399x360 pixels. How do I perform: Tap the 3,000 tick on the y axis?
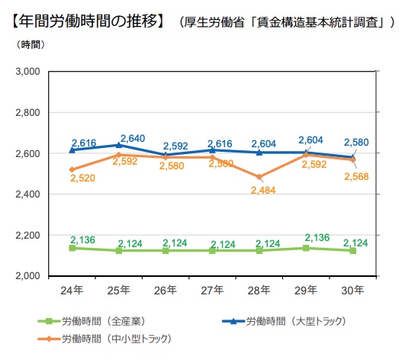[x=27, y=72]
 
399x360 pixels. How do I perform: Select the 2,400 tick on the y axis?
[x=27, y=194]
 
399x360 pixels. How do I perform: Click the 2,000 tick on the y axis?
[x=27, y=276]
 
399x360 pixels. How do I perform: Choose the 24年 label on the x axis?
[x=72, y=291]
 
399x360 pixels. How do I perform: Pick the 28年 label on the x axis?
[x=259, y=291]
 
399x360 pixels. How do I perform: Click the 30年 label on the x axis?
[x=353, y=291]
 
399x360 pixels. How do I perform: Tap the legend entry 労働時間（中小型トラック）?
[x=111, y=337]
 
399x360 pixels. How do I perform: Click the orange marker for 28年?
[x=259, y=177]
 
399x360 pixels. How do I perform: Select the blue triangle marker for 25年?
[x=118, y=145]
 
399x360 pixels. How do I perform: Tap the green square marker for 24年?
[x=72, y=248]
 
